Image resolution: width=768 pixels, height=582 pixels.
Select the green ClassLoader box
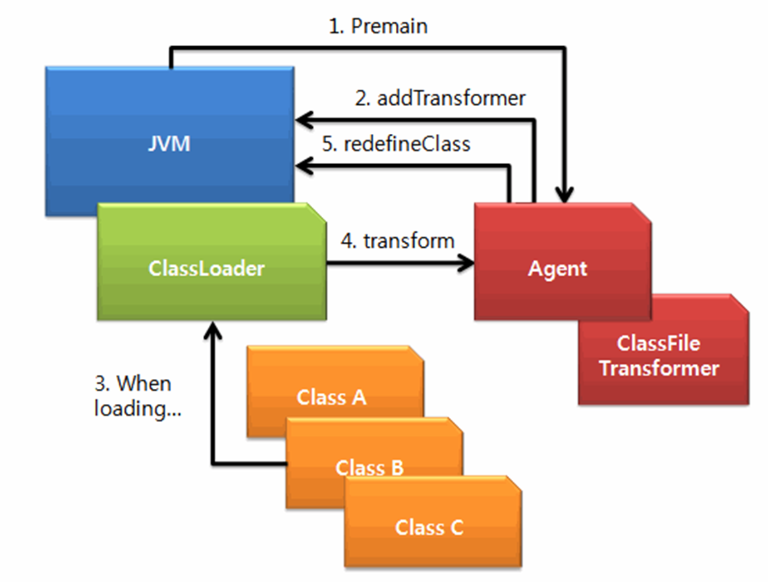point(211,262)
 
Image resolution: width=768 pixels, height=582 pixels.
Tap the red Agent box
point(562,262)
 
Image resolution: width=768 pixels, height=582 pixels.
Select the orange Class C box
point(433,522)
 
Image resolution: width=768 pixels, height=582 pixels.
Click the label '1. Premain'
point(378,26)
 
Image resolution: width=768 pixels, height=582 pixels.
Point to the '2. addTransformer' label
point(441,98)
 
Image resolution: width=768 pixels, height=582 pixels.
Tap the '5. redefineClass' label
point(397,144)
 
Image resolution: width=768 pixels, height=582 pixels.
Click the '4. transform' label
point(398,241)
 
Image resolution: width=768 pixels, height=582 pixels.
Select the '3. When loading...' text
point(137,396)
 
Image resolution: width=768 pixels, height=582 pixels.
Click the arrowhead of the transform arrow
point(466,264)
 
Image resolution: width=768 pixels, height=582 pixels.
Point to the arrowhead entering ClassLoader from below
point(213,330)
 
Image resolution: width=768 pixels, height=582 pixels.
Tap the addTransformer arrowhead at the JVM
point(304,120)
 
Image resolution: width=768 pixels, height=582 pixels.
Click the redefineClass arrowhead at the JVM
point(304,165)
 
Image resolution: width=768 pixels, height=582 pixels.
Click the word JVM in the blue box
point(169,144)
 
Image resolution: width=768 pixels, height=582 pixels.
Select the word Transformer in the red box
point(659,368)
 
